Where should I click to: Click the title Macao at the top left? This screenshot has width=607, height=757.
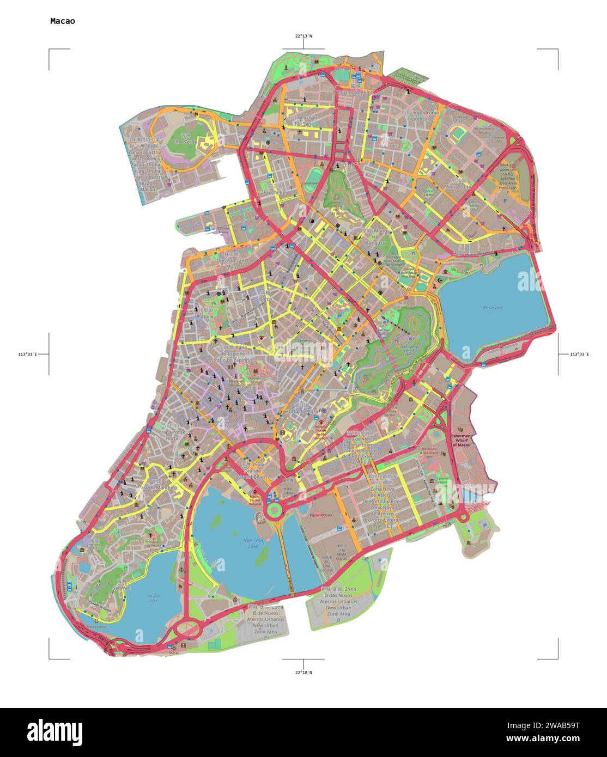[x=63, y=21]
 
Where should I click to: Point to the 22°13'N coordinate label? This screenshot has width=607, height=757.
[x=304, y=36]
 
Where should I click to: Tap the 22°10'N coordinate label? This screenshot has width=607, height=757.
[x=304, y=673]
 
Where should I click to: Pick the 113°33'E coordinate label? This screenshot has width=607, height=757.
[x=579, y=355]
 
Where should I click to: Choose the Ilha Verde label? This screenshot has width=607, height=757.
[x=184, y=142]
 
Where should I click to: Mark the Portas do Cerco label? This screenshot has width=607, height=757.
[x=356, y=93]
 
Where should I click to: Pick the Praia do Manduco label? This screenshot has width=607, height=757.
[x=157, y=487]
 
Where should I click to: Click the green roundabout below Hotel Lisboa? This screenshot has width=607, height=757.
[x=274, y=510]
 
